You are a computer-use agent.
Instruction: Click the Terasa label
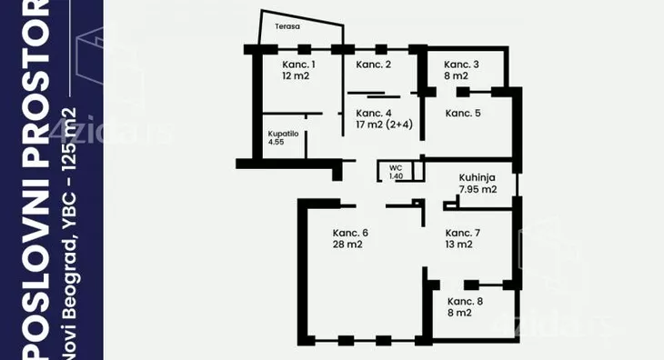(287, 26)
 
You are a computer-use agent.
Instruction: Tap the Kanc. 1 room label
(298, 65)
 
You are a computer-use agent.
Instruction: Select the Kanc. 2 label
(374, 65)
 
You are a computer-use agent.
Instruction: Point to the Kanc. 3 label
(461, 65)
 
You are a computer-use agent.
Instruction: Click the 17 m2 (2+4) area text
(385, 125)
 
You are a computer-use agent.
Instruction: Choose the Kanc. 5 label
(463, 114)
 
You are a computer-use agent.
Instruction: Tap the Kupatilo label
(283, 134)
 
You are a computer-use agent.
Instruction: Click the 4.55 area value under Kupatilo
(277, 142)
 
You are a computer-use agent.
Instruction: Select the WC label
(396, 168)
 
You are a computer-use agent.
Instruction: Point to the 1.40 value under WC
(396, 176)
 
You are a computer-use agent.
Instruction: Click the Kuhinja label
(478, 178)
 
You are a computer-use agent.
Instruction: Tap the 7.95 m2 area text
(478, 189)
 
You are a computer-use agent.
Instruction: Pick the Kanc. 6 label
(350, 233)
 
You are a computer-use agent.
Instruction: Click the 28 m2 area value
(347, 245)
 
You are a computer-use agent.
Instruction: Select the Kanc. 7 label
(463, 233)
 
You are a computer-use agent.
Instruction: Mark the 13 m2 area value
(459, 245)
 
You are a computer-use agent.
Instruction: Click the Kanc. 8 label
(466, 302)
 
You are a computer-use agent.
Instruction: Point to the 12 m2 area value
(296, 76)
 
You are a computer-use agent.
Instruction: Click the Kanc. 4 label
(374, 114)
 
